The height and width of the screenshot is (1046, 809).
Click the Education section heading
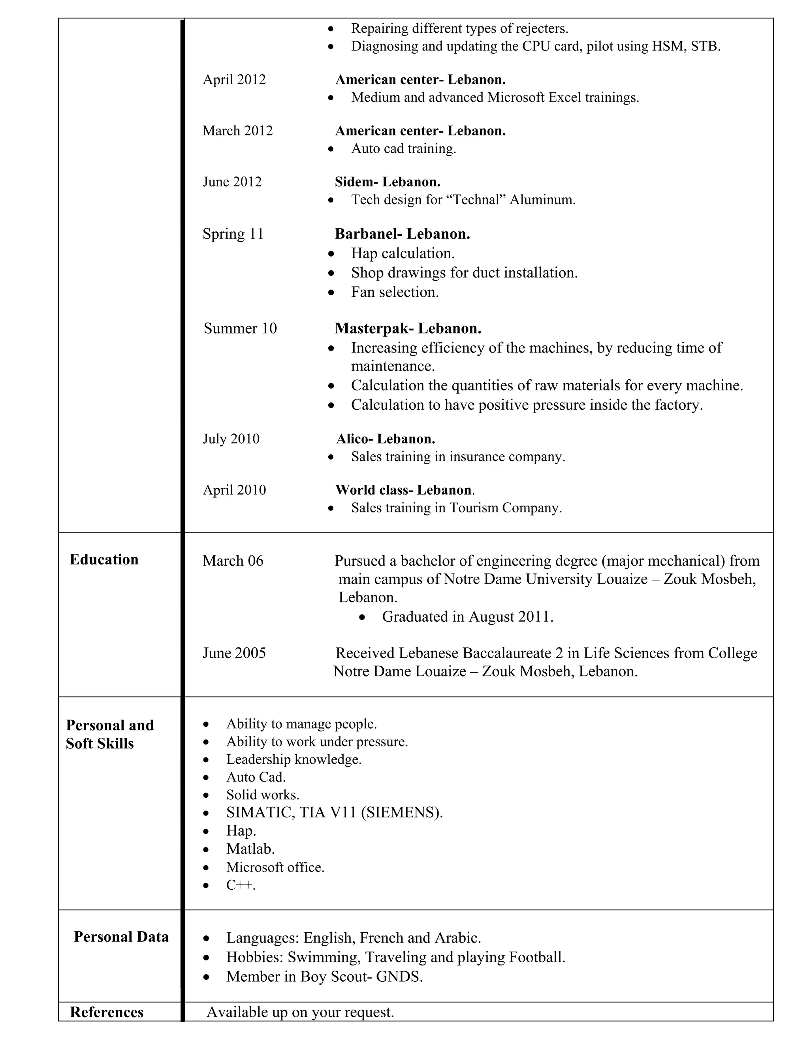click(104, 559)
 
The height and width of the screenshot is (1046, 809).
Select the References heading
click(106, 1012)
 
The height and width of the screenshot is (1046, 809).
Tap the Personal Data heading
click(121, 936)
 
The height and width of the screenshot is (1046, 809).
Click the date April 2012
click(234, 79)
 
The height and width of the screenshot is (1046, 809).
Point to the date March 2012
click(237, 131)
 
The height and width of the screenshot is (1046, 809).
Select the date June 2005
click(234, 653)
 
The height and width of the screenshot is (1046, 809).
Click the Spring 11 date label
click(233, 234)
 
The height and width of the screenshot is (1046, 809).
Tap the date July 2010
click(231, 439)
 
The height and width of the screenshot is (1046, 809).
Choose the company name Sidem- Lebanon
click(387, 182)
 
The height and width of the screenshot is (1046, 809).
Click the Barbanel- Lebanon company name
click(402, 234)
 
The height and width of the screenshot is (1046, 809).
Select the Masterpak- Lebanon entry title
click(408, 328)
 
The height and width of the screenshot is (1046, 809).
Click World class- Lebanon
click(404, 490)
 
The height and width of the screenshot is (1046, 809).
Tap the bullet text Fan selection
click(395, 292)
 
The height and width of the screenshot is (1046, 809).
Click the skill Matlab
click(250, 849)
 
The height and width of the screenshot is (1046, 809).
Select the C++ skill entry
click(241, 885)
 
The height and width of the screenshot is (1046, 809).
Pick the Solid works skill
click(263, 795)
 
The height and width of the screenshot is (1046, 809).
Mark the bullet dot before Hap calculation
click(331, 253)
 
